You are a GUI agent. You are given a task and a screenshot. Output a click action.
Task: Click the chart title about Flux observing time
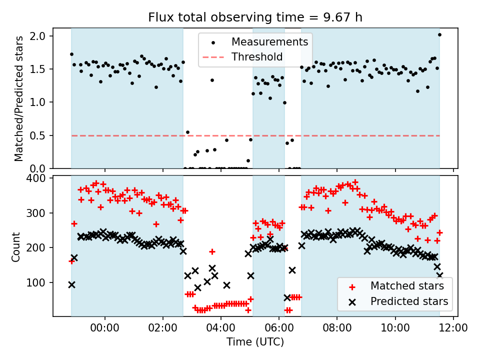[255, 17]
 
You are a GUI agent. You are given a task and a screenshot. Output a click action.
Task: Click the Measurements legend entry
[269, 41]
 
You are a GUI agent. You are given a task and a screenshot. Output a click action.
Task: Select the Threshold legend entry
[257, 57]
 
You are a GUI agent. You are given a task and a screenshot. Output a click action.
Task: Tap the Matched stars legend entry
[406, 286]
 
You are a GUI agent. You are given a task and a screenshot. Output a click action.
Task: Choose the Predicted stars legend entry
[409, 301]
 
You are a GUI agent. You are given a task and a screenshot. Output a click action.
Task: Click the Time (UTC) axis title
[255, 342]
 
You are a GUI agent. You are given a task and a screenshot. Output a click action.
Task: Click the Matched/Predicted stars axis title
[19, 98]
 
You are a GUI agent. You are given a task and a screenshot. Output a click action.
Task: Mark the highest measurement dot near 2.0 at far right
[439, 34]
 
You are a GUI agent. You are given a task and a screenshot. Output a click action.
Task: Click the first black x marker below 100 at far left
[71, 284]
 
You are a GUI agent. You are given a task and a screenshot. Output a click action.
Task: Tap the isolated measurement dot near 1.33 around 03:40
[212, 80]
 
